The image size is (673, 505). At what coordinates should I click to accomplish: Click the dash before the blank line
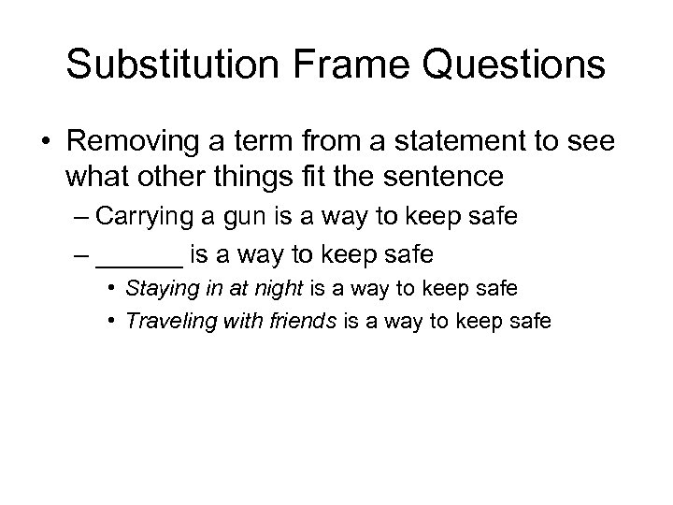click(79, 252)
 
